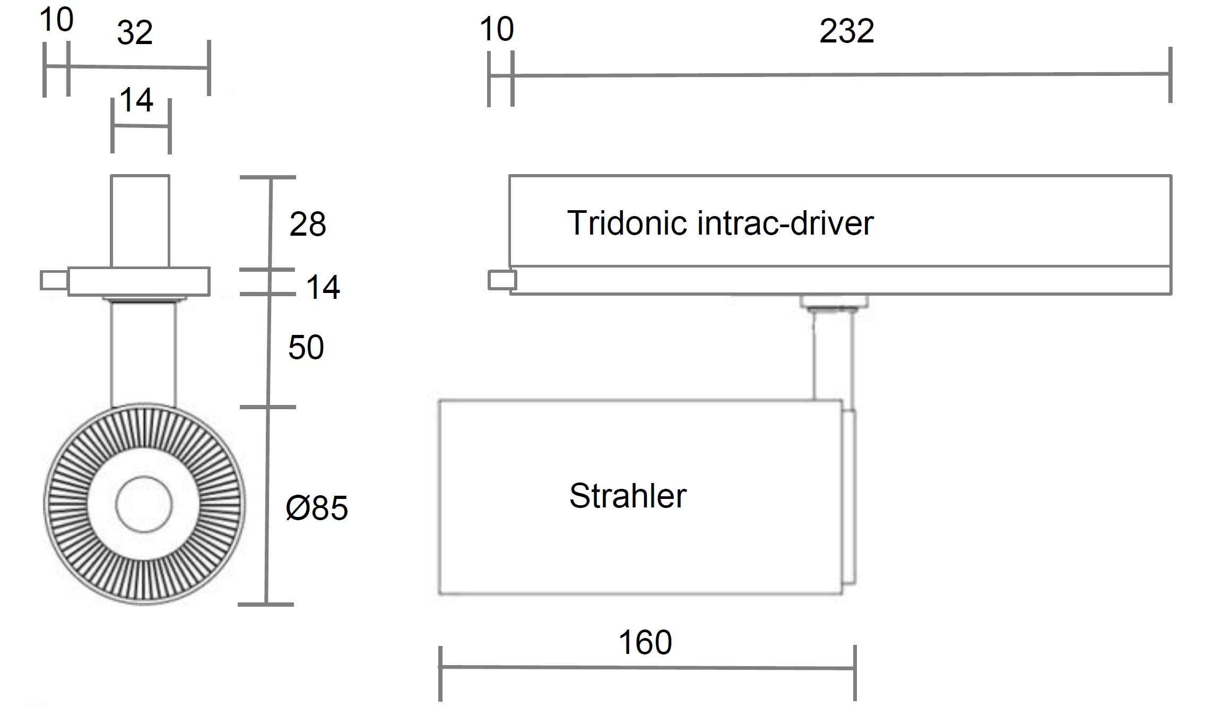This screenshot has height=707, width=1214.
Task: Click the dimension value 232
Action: (x=846, y=31)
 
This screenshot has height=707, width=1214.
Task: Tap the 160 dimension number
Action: (x=645, y=643)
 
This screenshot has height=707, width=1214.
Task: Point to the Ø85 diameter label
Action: (x=317, y=508)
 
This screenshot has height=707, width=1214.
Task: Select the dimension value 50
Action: (x=306, y=348)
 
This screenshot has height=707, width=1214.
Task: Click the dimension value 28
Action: (x=308, y=224)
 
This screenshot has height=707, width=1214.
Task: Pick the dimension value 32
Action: (x=135, y=33)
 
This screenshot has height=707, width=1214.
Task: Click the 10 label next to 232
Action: (x=497, y=29)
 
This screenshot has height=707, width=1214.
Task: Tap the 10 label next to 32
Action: (x=56, y=20)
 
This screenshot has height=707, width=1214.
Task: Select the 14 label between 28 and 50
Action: (x=323, y=287)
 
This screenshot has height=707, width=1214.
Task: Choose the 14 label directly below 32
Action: (x=136, y=100)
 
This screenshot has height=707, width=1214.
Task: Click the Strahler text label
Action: (x=628, y=496)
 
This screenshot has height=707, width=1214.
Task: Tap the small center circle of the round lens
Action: (x=144, y=504)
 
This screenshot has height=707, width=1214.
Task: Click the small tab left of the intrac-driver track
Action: (x=501, y=280)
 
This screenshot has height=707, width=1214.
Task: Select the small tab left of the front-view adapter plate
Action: (x=54, y=280)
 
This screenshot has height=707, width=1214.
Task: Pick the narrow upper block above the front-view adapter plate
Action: (x=140, y=221)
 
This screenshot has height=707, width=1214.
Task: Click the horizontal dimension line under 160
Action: (x=647, y=667)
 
